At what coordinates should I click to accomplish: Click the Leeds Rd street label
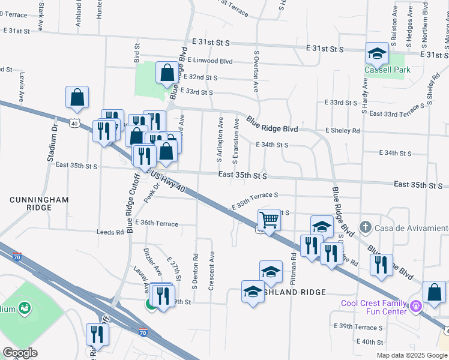click(110, 232)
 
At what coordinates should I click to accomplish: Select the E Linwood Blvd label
click(209, 61)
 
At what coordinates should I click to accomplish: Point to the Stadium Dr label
click(52, 143)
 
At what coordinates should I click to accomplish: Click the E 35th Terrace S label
click(255, 200)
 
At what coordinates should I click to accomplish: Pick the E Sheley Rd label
click(342, 130)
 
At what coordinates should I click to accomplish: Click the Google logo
click(20, 353)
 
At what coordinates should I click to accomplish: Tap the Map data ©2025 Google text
click(412, 355)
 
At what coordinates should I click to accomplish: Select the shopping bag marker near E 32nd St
click(167, 73)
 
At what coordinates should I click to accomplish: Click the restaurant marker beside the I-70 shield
click(95, 335)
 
